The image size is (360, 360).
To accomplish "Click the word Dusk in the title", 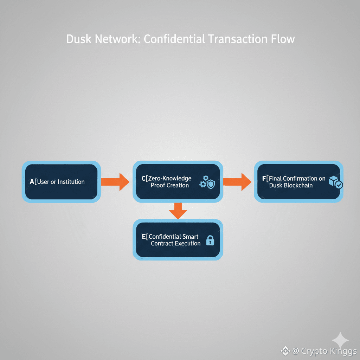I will [79, 39].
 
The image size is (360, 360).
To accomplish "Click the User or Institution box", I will [61, 182].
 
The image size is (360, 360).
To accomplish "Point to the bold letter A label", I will [32, 182].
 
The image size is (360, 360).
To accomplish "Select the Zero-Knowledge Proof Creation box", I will [178, 182].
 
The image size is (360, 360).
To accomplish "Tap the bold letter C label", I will [143, 179].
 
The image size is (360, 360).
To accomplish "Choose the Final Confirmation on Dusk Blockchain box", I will [298, 182].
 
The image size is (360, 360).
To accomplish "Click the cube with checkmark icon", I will [335, 182].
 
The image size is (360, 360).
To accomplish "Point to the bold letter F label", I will [264, 179].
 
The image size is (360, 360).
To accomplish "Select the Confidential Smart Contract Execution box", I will [178, 240].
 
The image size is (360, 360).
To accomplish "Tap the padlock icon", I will [210, 240].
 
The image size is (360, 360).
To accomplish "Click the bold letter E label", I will [143, 237].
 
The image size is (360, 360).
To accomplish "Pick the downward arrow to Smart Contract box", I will [178, 211].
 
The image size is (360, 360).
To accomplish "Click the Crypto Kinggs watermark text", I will [324, 351].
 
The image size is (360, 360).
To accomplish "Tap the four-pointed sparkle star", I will [340, 340].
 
